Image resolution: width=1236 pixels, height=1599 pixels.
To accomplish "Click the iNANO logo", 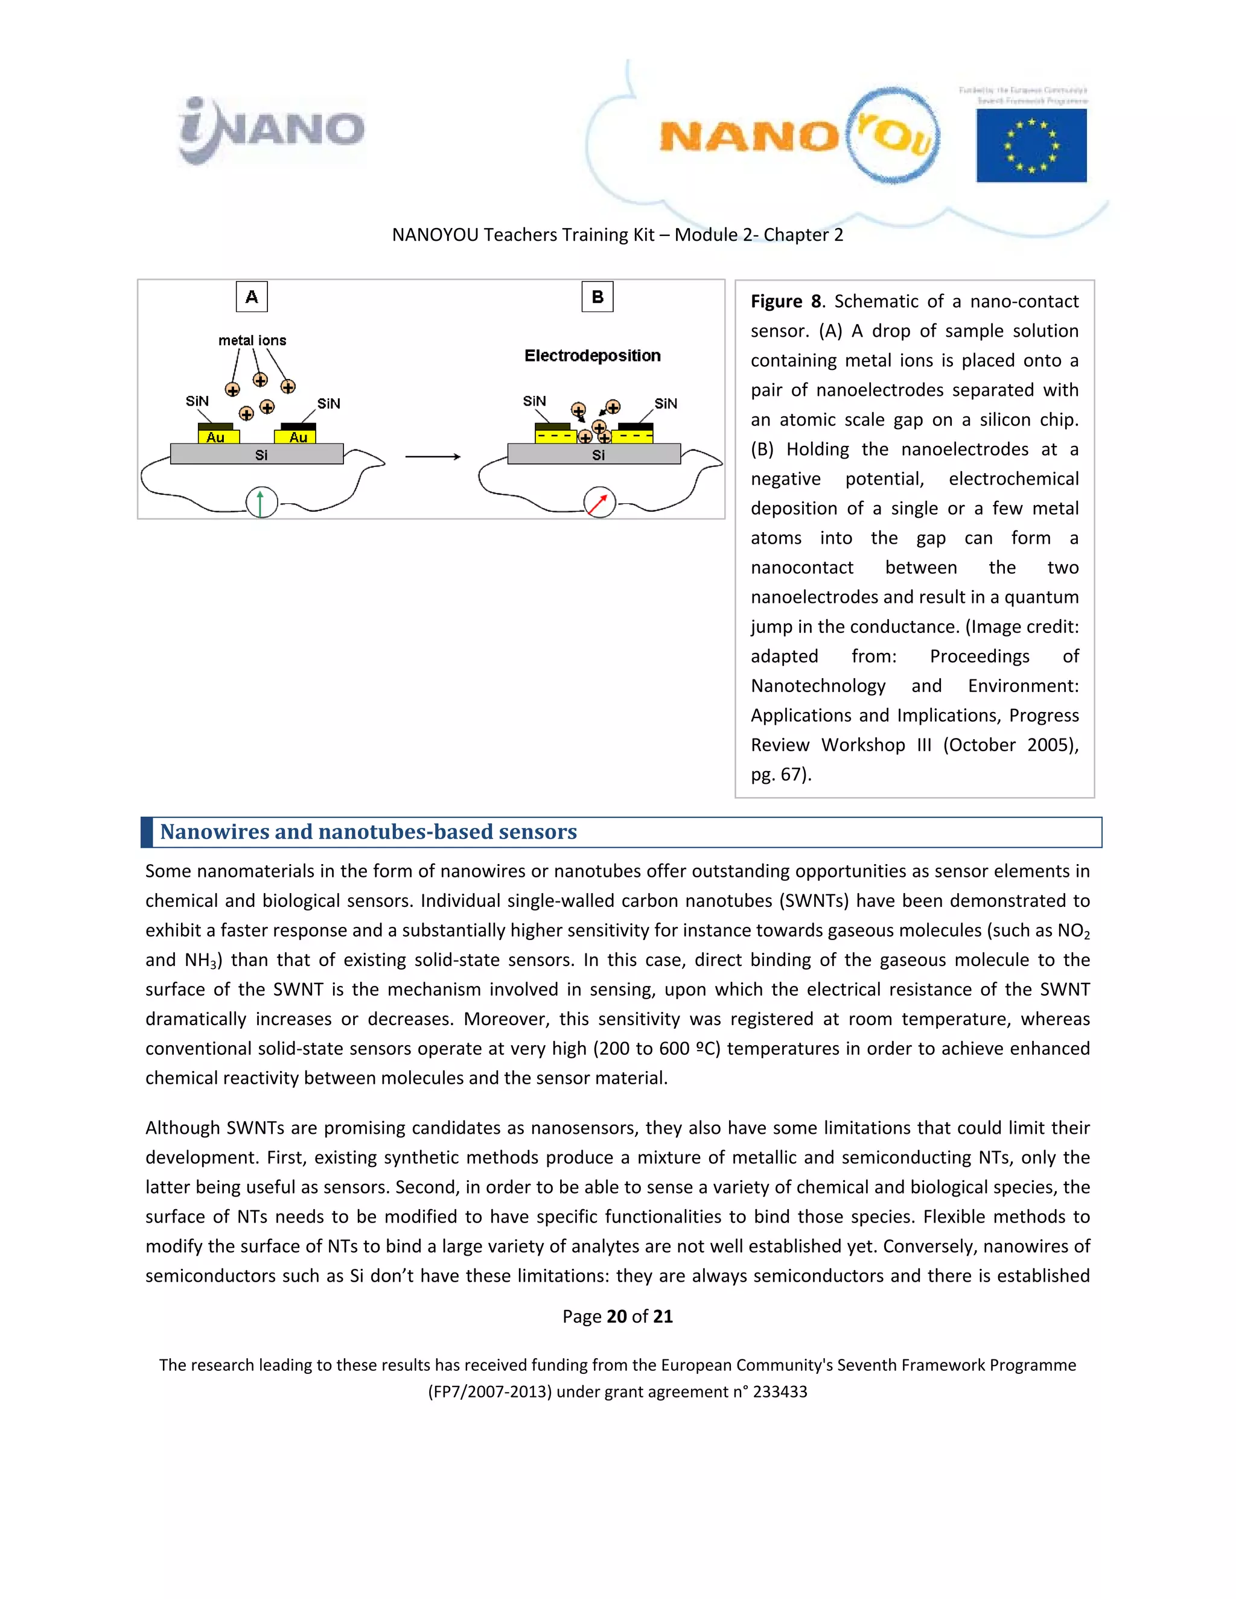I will pos(271,130).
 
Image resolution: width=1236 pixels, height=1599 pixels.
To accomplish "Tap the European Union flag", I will pos(1031,145).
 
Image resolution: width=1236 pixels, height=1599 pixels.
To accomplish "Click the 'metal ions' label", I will pos(252,340).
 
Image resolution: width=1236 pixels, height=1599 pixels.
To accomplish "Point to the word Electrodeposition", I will pos(593,356).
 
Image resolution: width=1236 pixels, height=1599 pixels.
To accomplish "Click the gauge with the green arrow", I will pos(261,503).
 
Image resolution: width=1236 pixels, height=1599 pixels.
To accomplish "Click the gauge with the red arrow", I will pos(599,503).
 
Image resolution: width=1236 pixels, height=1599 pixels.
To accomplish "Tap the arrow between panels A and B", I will pos(433,457).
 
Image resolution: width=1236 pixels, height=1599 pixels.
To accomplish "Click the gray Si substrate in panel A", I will pos(257,455).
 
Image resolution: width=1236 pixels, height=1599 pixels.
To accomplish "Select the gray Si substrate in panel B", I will pos(594,455).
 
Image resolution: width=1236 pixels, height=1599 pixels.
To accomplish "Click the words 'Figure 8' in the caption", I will pos(785,302).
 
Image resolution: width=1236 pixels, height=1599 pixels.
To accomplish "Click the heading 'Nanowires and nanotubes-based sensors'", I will pos(368,831).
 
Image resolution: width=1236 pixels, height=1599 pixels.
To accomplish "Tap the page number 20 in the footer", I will pos(617,1317).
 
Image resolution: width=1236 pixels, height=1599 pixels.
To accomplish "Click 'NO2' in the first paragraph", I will pos(1074,931).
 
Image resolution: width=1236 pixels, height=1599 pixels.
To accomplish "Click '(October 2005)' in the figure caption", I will pos(1010,745).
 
